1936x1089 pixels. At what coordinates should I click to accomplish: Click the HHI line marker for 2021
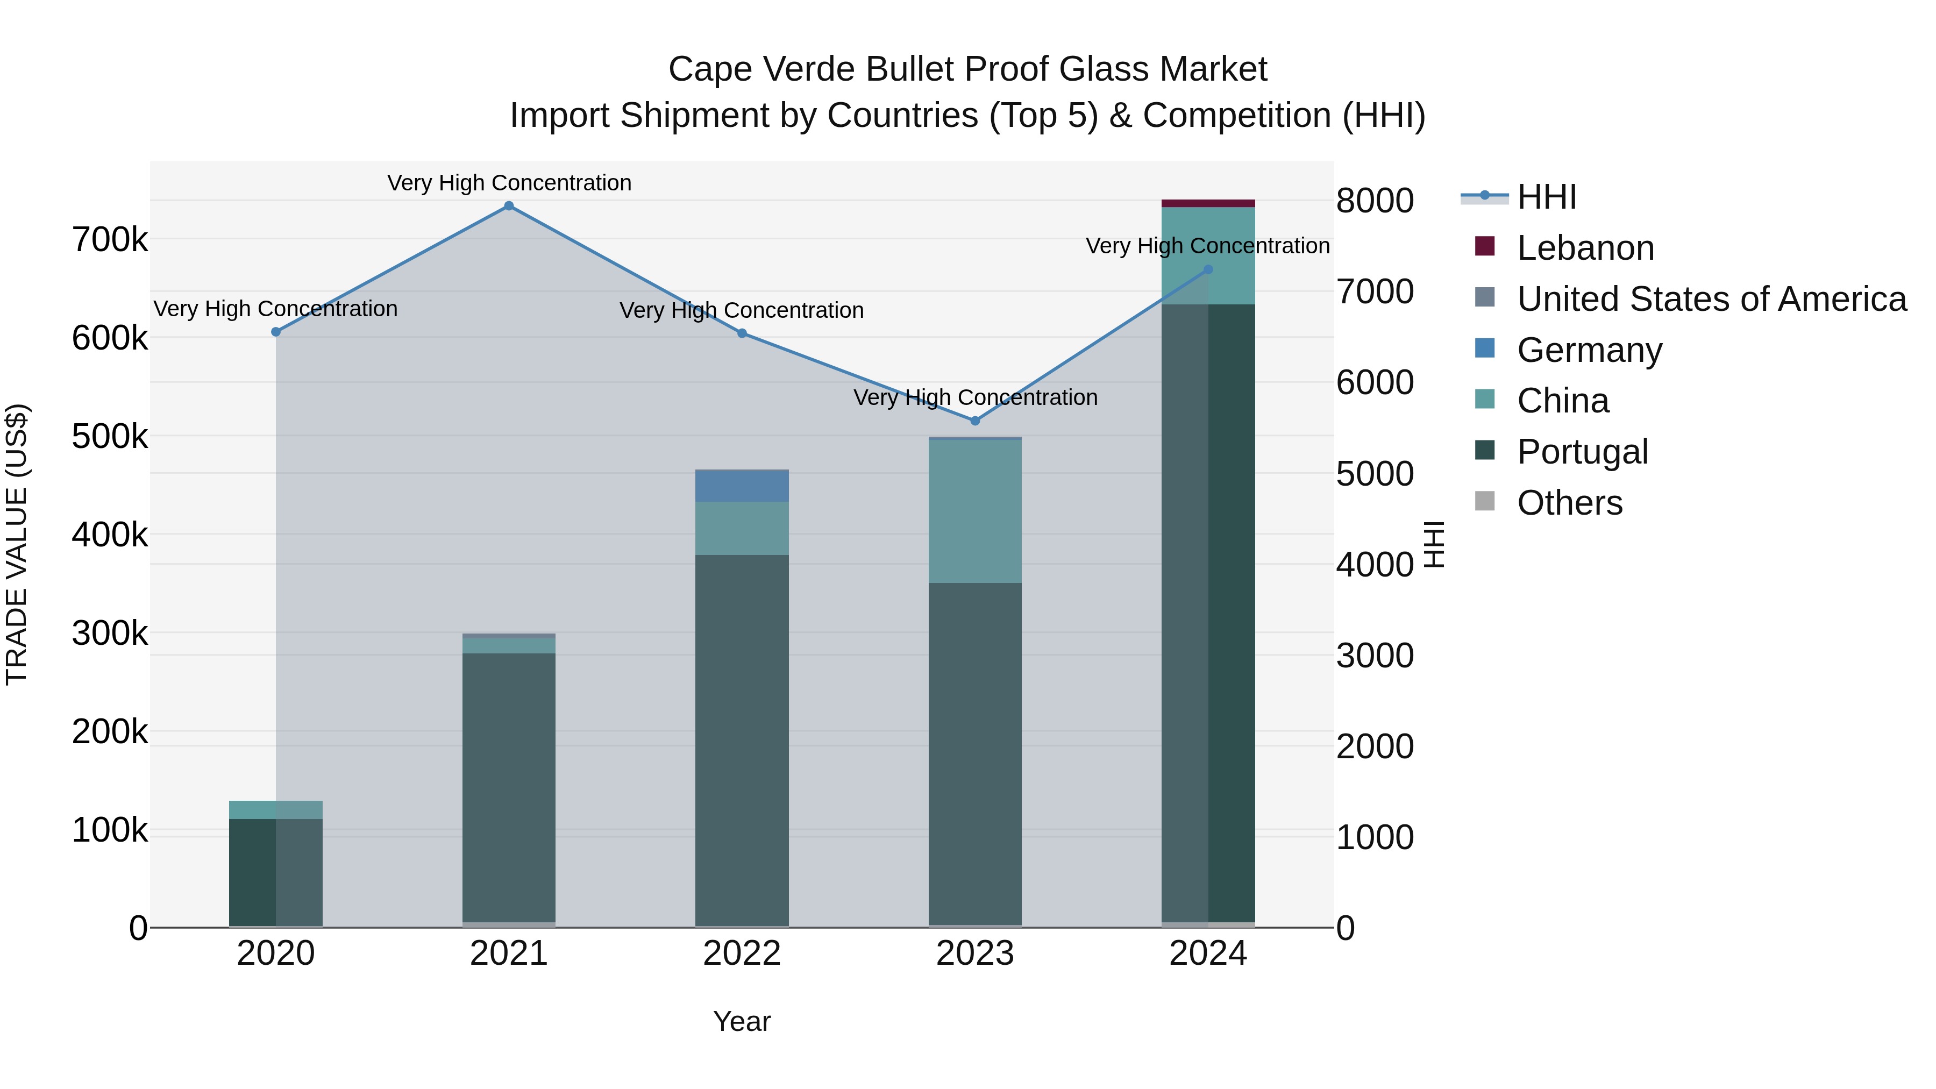[x=509, y=206]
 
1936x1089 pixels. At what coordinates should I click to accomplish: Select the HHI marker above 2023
[x=976, y=421]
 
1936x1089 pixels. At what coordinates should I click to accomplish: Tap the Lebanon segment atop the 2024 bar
[x=1208, y=203]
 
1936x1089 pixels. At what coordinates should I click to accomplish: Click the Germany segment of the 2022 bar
[x=742, y=486]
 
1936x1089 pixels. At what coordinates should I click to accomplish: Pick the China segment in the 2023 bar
[x=975, y=511]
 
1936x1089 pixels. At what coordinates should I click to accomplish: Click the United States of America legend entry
[x=1711, y=299]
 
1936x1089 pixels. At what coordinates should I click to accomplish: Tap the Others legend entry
[x=1569, y=503]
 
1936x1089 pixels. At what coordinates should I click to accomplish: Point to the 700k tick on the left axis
[x=110, y=240]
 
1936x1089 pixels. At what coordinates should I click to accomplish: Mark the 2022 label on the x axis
[x=742, y=953]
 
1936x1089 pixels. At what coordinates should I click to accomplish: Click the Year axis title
[x=742, y=1021]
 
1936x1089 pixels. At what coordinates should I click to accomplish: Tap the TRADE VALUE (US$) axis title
[x=17, y=544]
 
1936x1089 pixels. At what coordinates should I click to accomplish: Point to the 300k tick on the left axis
[x=110, y=634]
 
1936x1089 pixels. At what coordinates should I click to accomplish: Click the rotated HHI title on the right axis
[x=1434, y=544]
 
